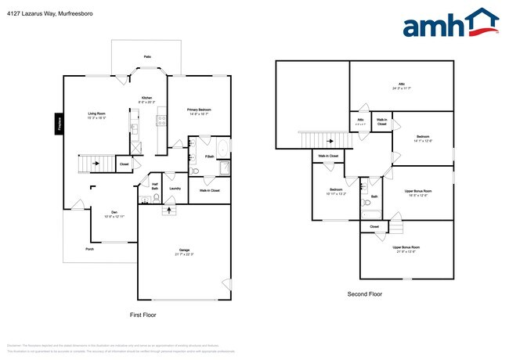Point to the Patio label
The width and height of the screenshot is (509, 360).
[147, 57]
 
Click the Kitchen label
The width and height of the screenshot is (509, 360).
[146, 98]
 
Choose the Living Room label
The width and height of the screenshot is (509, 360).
[97, 114]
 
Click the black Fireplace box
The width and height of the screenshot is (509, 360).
[58, 124]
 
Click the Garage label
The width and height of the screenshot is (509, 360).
[183, 250]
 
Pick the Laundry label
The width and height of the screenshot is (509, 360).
[175, 188]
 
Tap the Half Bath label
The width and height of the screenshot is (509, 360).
[155, 187]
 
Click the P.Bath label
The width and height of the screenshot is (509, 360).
[210, 157]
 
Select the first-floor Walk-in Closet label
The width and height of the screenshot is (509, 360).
[209, 191]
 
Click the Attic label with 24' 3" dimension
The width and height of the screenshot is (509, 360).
[402, 85]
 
